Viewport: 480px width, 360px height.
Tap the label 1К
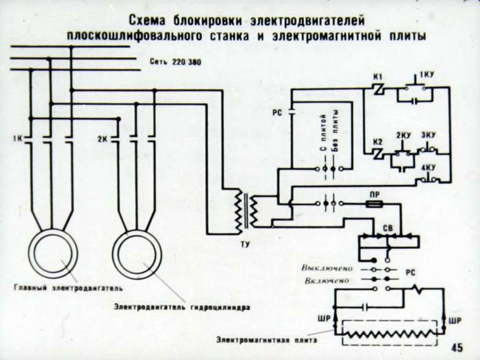coord(17,139)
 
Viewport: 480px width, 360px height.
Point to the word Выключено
coord(327,269)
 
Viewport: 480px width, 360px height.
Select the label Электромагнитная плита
coord(270,341)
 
